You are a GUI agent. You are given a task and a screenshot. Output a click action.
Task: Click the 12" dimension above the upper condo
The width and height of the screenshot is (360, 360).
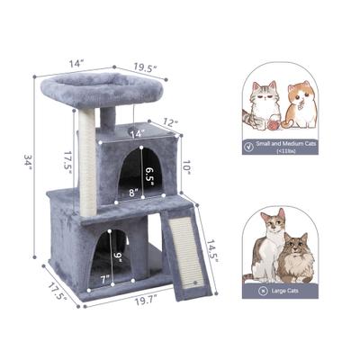(169, 121)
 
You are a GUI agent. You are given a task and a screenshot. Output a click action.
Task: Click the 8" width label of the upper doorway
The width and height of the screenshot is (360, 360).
(131, 193)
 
